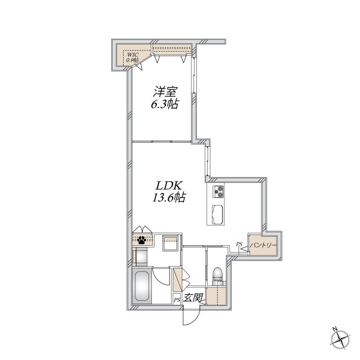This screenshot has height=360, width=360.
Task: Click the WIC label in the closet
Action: (x=133, y=55)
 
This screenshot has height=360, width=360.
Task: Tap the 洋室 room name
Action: (x=165, y=92)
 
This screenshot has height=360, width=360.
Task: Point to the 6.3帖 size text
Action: (x=164, y=105)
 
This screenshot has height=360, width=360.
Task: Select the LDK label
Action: (x=169, y=186)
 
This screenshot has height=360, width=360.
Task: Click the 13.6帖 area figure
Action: (x=169, y=197)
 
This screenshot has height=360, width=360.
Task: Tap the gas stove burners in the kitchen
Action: (x=218, y=191)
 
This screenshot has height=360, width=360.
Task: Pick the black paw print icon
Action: (x=142, y=240)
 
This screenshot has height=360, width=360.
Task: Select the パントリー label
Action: (x=263, y=245)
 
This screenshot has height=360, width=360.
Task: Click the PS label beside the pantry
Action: (x=239, y=244)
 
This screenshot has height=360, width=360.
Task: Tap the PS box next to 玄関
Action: (x=177, y=300)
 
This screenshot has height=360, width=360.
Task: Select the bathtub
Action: (x=141, y=286)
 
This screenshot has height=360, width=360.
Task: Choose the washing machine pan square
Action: (x=170, y=243)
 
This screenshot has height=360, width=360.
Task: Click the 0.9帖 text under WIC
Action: (x=133, y=60)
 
